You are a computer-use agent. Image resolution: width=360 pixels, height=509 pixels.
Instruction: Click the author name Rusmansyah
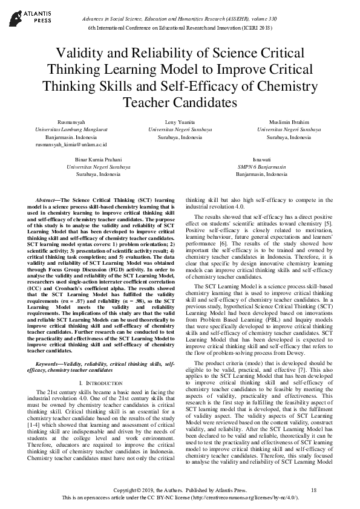point(71,122)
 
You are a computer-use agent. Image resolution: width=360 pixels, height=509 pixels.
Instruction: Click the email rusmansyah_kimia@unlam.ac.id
point(71,145)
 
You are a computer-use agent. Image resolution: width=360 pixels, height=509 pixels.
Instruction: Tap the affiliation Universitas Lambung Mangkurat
point(71,129)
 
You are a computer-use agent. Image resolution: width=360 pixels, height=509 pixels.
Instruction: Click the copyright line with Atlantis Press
point(180,488)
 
